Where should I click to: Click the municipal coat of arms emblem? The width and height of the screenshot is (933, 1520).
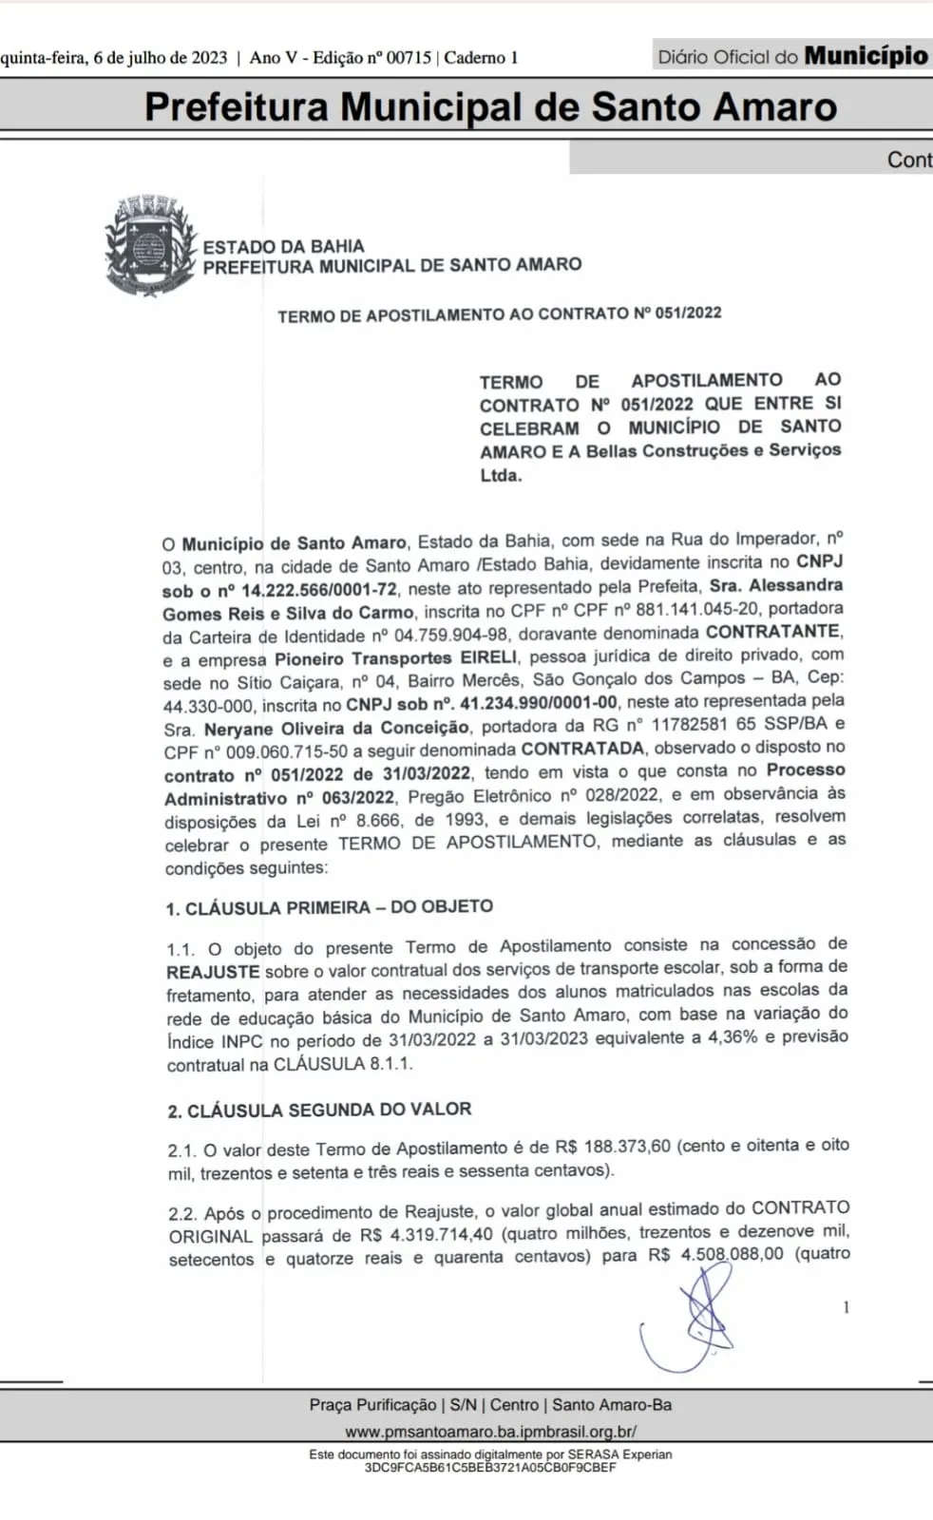(150, 245)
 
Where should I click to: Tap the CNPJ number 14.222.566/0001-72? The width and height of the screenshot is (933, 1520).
(319, 590)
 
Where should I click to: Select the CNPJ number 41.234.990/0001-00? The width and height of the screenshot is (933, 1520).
(538, 703)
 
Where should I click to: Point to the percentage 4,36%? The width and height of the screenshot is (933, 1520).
(732, 1037)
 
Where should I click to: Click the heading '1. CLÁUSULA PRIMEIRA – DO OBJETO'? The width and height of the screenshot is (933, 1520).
(329, 907)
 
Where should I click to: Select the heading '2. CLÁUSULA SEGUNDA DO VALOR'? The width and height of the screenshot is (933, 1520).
(319, 1110)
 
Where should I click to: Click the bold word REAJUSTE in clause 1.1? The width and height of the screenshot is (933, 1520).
(213, 972)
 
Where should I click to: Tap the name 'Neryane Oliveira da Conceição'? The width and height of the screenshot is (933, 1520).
(336, 728)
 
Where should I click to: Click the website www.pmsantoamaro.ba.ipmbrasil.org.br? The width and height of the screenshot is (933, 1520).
(490, 1432)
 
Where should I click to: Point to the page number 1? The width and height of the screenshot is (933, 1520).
(846, 1308)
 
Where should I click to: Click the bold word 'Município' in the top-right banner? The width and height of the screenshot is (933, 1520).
(866, 56)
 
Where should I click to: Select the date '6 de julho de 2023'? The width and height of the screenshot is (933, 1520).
(161, 58)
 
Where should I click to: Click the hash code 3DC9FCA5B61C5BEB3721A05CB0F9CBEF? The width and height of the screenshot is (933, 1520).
(490, 1468)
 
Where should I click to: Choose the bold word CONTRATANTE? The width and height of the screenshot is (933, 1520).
(772, 632)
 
